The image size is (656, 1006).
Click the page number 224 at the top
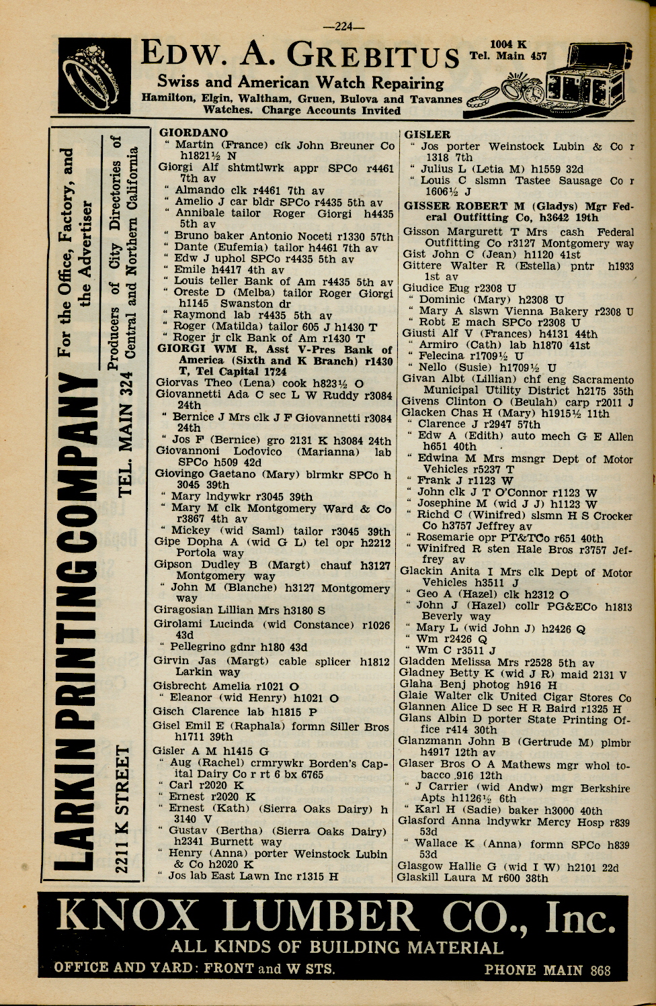pyautogui.click(x=343, y=27)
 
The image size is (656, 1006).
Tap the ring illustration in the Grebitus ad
pyautogui.click(x=94, y=75)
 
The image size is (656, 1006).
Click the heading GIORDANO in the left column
pyautogui.click(x=194, y=133)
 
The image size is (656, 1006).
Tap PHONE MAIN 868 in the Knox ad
pyautogui.click(x=547, y=970)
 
